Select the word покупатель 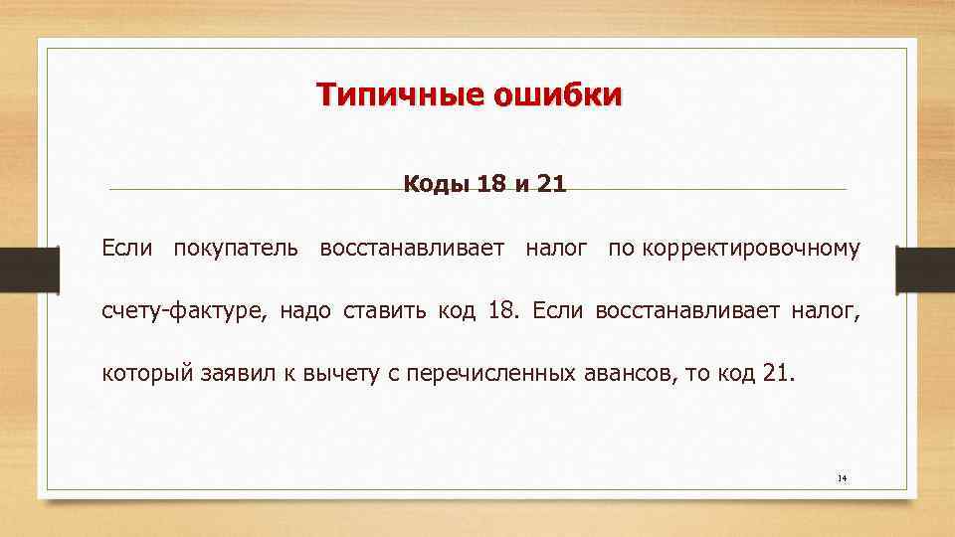(x=235, y=247)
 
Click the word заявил (x=227, y=375)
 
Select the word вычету (x=327, y=375)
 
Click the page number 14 (x=842, y=478)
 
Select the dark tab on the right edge (x=925, y=268)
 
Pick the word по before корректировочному (x=622, y=247)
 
